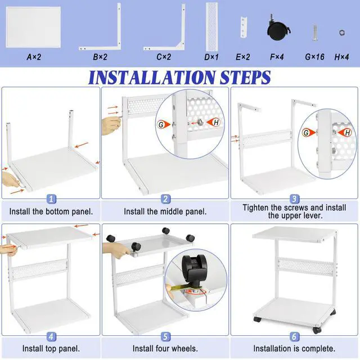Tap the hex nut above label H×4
click(x=342, y=33)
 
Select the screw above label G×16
click(x=315, y=33)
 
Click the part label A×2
click(x=34, y=57)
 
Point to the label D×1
click(x=211, y=57)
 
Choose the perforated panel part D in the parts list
click(x=211, y=26)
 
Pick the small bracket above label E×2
click(x=244, y=27)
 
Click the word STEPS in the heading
click(x=245, y=78)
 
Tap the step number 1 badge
click(x=51, y=199)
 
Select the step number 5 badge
click(x=165, y=336)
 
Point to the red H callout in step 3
click(x=345, y=133)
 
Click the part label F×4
click(x=277, y=57)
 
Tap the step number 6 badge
click(x=294, y=336)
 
